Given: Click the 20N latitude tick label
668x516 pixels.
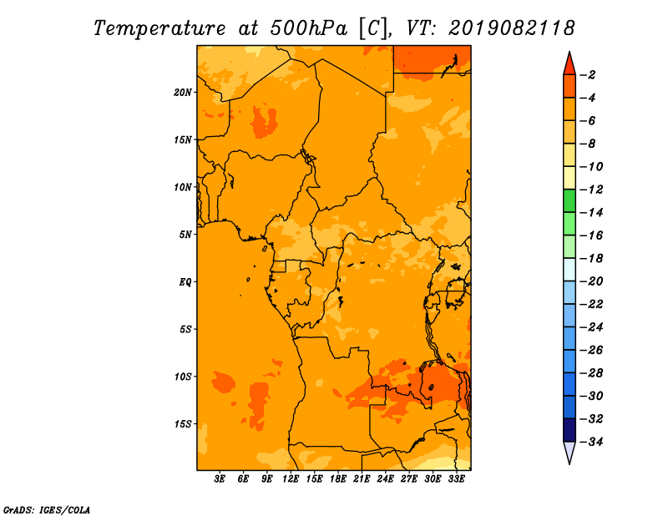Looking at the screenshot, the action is [183, 93].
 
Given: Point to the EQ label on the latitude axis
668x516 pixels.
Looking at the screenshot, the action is [185, 282].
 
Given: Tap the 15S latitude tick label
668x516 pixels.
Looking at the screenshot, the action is [183, 424].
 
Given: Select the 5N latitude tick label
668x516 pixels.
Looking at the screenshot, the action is [185, 235].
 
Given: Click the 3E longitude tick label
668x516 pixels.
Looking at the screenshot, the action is [220, 479].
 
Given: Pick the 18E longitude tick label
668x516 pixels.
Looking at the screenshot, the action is [338, 479].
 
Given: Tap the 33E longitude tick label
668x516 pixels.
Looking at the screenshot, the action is [456, 479].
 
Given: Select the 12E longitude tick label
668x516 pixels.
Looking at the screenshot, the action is [291, 479].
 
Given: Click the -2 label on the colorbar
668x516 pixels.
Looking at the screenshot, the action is [588, 75].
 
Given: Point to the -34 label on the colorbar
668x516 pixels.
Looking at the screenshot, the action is [592, 442].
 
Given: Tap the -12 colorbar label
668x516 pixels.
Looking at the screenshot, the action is [592, 190].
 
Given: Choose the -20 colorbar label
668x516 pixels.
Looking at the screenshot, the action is [592, 281].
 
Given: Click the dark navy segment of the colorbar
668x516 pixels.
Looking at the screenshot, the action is [569, 430].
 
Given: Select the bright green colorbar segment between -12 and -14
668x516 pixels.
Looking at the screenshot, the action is [569, 201].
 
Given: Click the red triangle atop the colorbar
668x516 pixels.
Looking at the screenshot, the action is [569, 65].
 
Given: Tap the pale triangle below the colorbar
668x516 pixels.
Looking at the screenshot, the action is [569, 451].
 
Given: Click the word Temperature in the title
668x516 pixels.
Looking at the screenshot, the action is [159, 28].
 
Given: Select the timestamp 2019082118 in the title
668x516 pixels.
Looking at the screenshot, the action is [512, 28].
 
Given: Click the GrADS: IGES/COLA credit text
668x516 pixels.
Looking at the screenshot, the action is [47, 510].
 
